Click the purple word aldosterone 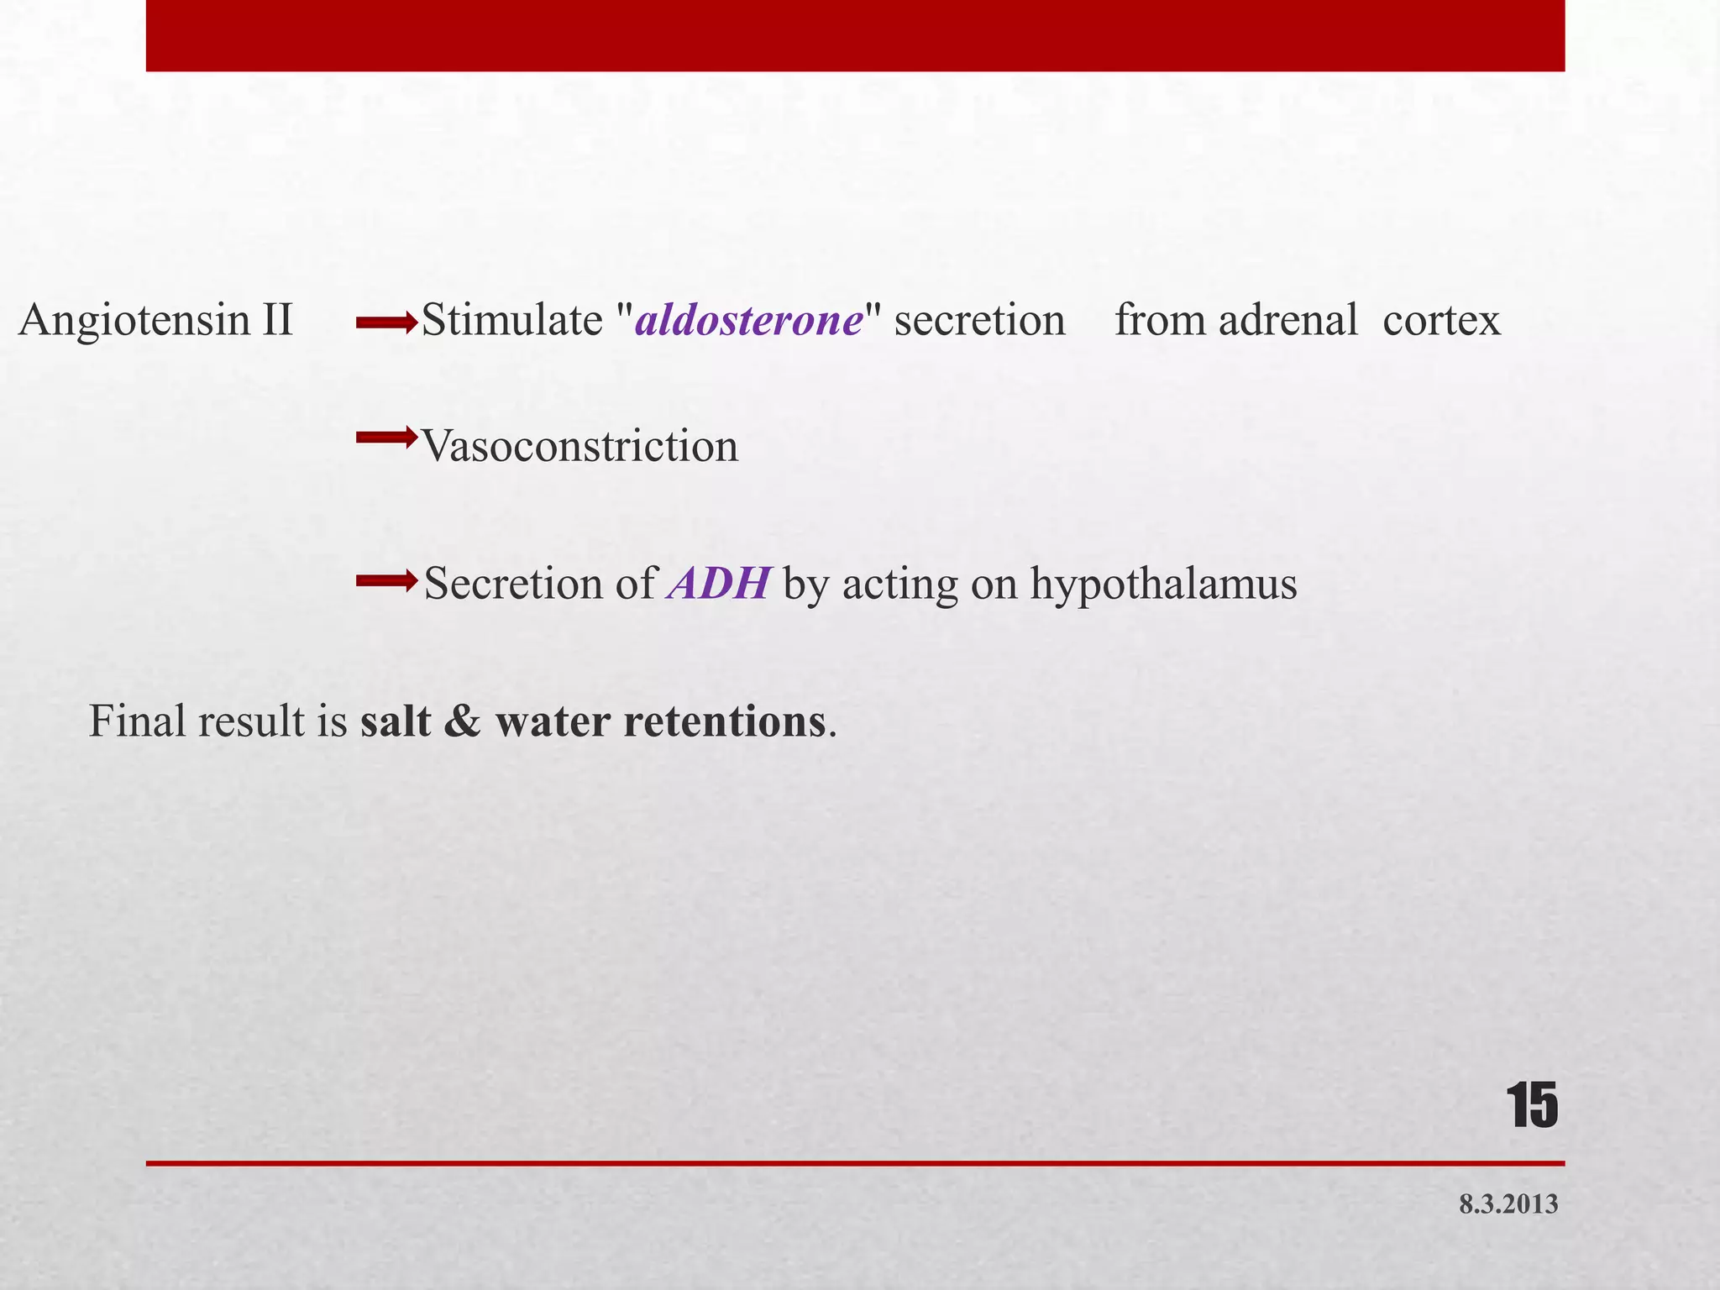(749, 321)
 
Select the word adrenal (1288, 321)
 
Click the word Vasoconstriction (579, 446)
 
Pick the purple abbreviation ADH (719, 584)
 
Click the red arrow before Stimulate (386, 321)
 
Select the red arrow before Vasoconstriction (386, 437)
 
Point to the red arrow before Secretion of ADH (386, 579)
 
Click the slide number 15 (1532, 1106)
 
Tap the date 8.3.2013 (1508, 1205)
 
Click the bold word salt (395, 721)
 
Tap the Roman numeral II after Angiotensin (276, 321)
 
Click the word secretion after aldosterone (979, 321)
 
